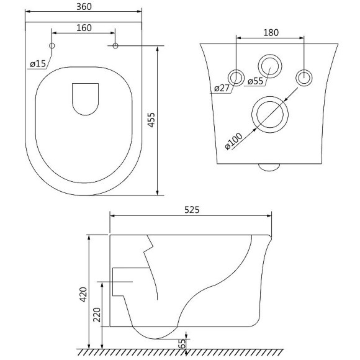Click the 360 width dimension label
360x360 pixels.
tap(84, 7)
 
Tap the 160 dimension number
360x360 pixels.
tap(84, 28)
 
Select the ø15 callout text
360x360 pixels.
tap(38, 63)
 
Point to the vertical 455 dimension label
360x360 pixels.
tap(151, 120)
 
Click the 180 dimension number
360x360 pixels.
tap(271, 33)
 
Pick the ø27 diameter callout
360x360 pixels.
tap(222, 88)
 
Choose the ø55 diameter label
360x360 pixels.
tap(256, 81)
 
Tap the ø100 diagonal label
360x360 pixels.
tap(233, 141)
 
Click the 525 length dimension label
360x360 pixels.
tap(192, 210)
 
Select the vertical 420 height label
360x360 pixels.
tap(83, 295)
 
